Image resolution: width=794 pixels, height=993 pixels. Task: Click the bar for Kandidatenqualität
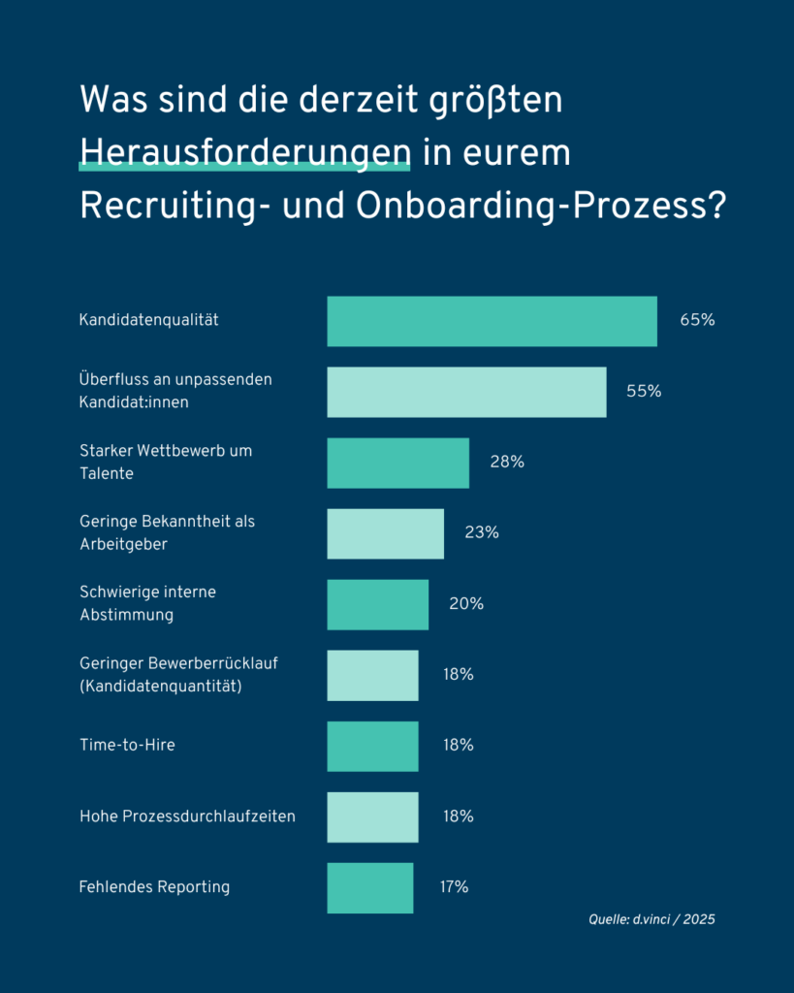point(492,321)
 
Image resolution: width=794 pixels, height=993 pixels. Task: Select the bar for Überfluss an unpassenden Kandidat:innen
point(466,392)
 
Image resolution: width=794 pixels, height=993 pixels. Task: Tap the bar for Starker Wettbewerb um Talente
point(397,463)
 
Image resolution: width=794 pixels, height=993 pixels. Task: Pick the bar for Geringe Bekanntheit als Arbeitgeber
point(385,533)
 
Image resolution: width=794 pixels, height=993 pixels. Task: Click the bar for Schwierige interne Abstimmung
point(377,604)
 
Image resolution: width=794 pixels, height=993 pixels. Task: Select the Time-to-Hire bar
point(372,746)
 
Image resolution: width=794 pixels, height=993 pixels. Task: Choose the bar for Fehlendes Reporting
point(369,887)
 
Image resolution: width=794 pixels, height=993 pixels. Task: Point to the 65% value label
point(697,320)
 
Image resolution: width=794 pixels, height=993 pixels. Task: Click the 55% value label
point(644,391)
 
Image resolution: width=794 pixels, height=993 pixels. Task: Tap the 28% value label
point(507,462)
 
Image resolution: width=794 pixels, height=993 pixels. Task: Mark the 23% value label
point(481,532)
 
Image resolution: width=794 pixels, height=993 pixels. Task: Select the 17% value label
point(454,886)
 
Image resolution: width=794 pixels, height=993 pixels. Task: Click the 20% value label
point(465,603)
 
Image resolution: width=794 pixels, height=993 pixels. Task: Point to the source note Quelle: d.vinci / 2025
point(651,919)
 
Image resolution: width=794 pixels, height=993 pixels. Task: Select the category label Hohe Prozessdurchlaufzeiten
point(187,817)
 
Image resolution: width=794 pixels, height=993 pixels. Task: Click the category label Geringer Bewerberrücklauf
point(183,664)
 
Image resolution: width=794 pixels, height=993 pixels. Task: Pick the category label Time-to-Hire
point(127,746)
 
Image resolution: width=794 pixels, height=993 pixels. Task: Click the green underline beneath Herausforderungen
point(244,169)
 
